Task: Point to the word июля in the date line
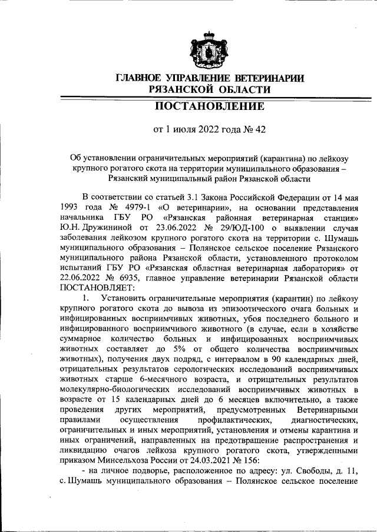pyautogui.click(x=178, y=130)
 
